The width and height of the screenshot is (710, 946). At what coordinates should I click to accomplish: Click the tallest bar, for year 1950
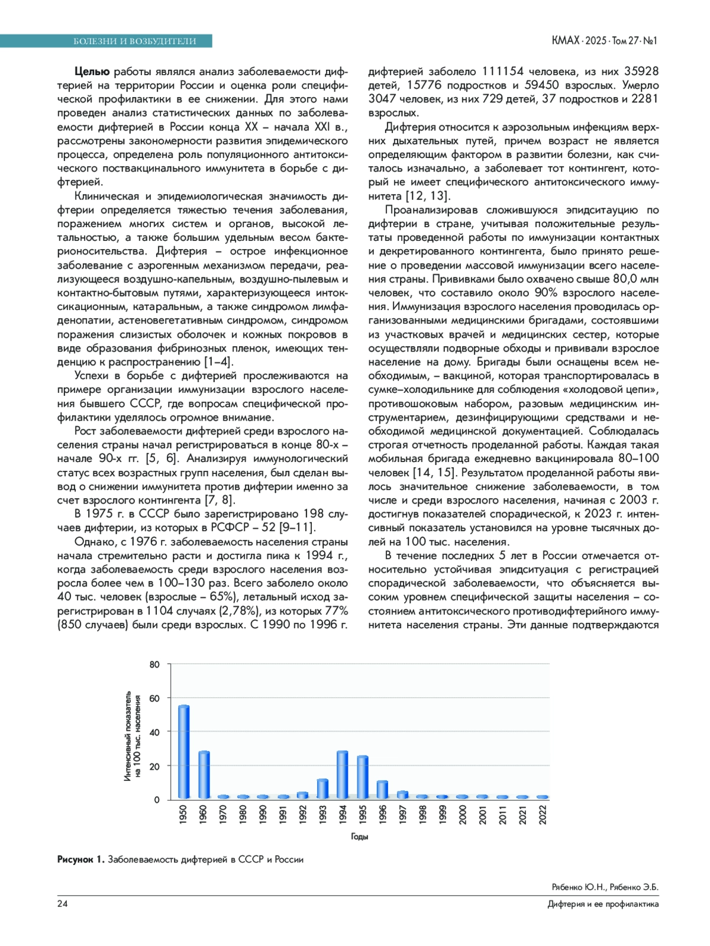tap(183, 751)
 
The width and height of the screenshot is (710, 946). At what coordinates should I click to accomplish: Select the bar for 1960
tap(204, 775)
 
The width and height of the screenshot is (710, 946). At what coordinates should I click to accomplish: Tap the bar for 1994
tap(342, 775)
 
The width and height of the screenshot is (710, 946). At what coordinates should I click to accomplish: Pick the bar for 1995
tap(362, 777)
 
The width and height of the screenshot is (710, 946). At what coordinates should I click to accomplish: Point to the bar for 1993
tap(322, 789)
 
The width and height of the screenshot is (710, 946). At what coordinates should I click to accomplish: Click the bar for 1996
tap(382, 790)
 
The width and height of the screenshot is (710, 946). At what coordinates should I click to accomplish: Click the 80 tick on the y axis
tap(154, 664)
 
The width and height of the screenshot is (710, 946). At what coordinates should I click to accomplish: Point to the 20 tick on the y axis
tap(154, 766)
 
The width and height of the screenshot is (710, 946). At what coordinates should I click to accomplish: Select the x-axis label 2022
tap(543, 815)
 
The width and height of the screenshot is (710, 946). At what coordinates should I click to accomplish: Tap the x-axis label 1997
tap(402, 815)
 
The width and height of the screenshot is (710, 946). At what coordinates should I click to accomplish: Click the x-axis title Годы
tap(359, 837)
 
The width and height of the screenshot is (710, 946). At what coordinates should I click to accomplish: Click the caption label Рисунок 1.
tap(80, 859)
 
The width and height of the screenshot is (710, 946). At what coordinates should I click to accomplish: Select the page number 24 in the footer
tap(62, 903)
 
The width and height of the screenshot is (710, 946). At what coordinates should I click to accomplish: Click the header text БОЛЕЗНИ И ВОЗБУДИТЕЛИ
tap(134, 41)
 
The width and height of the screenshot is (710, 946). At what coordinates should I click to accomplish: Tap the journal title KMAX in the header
tap(565, 40)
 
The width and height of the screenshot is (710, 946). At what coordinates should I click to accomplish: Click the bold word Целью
tap(92, 72)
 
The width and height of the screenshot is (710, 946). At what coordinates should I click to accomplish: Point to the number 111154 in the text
tap(502, 72)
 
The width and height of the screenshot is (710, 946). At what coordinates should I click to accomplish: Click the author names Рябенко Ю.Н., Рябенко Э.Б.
tap(605, 887)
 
